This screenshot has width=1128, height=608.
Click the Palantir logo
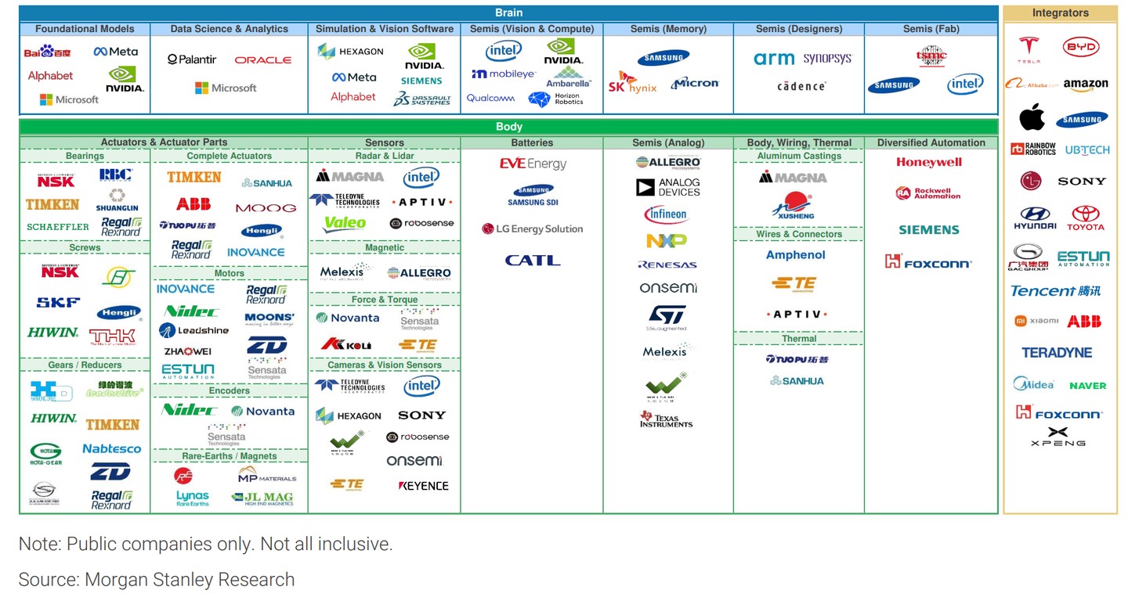pos(191,59)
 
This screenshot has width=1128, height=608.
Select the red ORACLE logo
pos(262,59)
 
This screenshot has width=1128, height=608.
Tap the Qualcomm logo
pos(490,99)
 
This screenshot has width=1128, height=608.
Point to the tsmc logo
pos(931,56)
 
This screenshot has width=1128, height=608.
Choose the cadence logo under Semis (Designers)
pos(801,86)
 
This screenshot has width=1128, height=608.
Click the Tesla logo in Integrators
pos(1029,49)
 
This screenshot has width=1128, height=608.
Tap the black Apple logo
pos(1032,118)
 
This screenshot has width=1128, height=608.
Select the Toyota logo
pos(1085,218)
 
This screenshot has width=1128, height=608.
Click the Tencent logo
pos(1055,291)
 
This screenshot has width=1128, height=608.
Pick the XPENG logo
pos(1057,437)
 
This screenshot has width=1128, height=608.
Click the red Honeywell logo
pos(928,163)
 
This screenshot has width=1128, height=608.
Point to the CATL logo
pos(532,261)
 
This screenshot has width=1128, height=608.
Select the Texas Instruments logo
pos(666,419)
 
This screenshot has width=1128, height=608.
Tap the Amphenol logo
pos(795,255)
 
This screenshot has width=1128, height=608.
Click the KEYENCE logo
pos(423,486)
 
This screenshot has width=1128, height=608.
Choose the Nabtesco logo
pos(111,449)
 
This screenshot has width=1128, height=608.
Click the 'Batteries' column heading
pos(532,143)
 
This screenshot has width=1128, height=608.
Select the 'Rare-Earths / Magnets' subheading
pos(229,456)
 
